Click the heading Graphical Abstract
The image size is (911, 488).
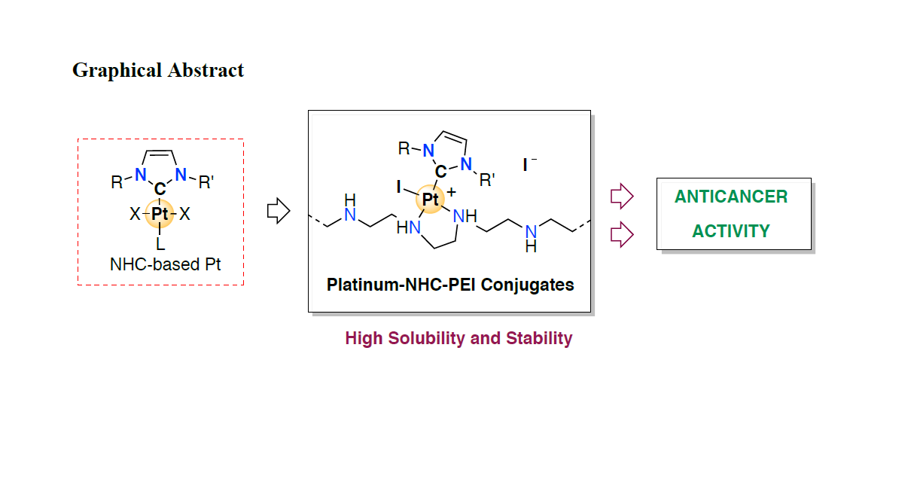coord(158,71)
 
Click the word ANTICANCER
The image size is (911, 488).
coord(730,197)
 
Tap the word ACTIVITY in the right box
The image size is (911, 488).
coord(730,231)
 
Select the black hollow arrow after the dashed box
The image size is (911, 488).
coord(279,211)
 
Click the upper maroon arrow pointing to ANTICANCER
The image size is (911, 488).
coord(621,197)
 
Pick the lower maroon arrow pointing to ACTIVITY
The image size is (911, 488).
coord(621,234)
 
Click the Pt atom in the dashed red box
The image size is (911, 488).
coord(160,214)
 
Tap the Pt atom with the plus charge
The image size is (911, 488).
coord(430,200)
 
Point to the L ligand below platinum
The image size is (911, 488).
coord(160,244)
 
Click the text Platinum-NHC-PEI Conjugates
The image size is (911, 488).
coord(450,285)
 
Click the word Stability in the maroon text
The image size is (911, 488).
coord(539,338)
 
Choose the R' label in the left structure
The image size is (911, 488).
coord(206,181)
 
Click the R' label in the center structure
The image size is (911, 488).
coord(487,180)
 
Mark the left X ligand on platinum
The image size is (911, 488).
coord(135,215)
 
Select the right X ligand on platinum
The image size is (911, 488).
coord(184,215)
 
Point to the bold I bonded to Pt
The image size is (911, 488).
coord(398,185)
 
